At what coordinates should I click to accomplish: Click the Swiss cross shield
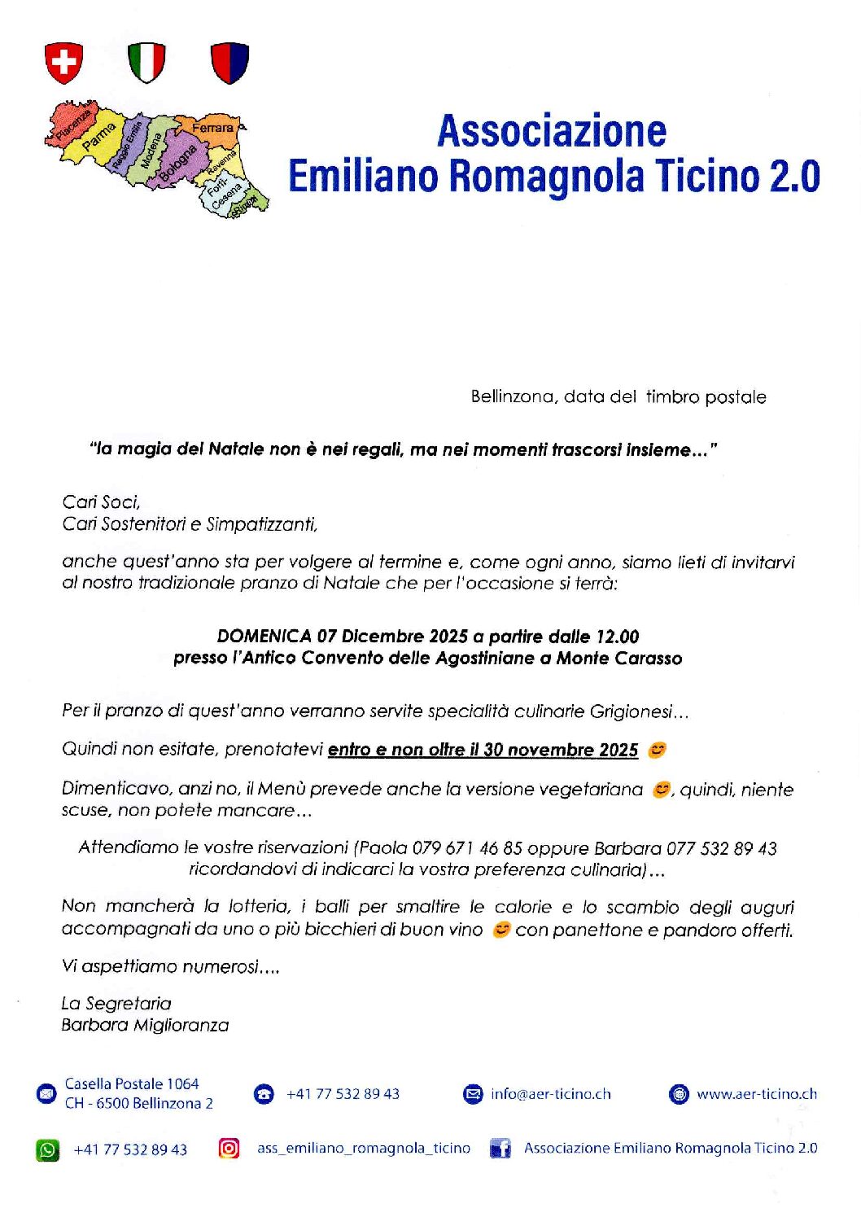[64, 63]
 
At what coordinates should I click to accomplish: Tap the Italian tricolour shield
[146, 63]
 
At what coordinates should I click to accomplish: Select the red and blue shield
[229, 63]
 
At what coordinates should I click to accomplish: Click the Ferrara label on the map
[212, 128]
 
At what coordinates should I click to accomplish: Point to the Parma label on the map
[99, 137]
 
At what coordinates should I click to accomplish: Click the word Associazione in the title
[552, 131]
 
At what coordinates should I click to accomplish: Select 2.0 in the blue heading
[795, 177]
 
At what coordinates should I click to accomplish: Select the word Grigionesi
[634, 711]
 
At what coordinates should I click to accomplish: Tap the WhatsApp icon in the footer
[47, 1149]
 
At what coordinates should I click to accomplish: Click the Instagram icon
[229, 1148]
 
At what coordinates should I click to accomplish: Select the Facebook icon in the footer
[500, 1149]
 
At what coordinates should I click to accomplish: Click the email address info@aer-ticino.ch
[550, 1094]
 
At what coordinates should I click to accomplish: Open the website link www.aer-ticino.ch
[757, 1094]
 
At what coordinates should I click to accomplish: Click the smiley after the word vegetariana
[662, 789]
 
